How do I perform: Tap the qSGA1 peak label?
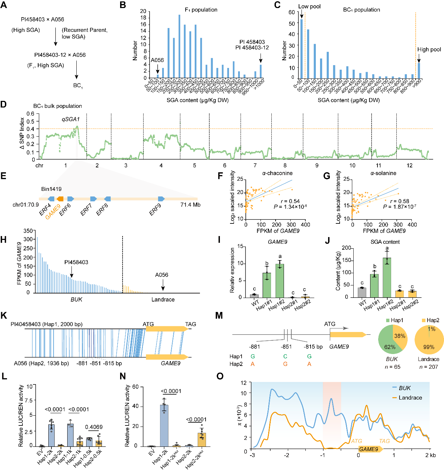click(x=70, y=119)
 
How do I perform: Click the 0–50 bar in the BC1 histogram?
click(x=301, y=49)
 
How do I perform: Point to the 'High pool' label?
click(x=429, y=49)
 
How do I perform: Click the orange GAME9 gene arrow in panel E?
click(x=60, y=199)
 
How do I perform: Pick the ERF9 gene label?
click(x=155, y=209)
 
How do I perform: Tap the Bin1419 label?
click(x=51, y=189)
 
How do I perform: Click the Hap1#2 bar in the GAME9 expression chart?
click(x=280, y=280)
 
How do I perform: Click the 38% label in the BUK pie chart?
click(x=400, y=336)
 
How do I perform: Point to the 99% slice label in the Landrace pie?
click(x=429, y=347)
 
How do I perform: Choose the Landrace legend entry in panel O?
click(x=410, y=397)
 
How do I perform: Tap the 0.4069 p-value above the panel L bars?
click(x=94, y=427)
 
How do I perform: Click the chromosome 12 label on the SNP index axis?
click(x=409, y=165)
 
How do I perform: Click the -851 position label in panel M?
click(x=286, y=346)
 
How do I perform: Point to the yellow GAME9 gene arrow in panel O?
click(x=369, y=449)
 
